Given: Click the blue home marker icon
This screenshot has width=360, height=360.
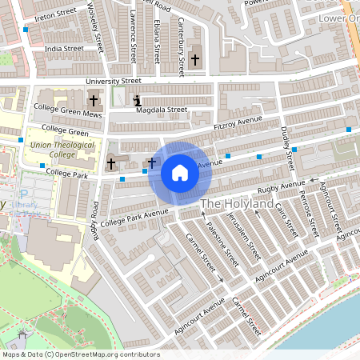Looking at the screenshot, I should [x=179, y=172].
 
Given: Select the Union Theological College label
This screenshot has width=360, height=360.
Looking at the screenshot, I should [x=62, y=150].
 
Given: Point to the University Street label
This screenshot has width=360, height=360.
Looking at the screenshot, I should [x=114, y=81].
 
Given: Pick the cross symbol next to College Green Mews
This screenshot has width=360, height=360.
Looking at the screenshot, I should [x=94, y=101].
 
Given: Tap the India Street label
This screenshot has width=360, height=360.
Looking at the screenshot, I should [x=64, y=48].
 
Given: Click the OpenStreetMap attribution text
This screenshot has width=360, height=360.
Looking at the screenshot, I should [x=81, y=354].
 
